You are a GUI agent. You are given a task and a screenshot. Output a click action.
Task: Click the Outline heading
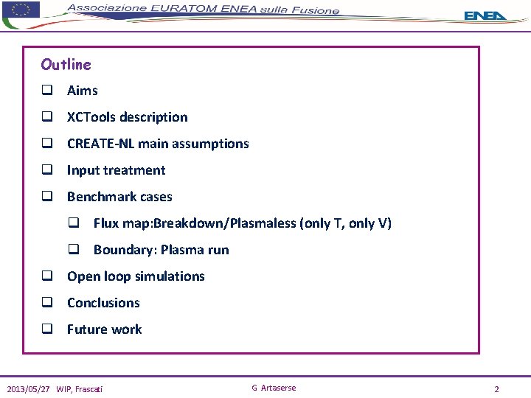pos(66,65)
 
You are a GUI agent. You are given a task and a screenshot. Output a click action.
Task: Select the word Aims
pos(83,91)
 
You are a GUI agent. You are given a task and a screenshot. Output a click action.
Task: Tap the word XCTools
pos(91,117)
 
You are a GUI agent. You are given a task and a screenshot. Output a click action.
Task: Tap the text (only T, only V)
pos(346,223)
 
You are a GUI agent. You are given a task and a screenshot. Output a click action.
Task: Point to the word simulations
pos(170,276)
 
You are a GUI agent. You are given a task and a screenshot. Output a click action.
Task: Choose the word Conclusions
pos(103,303)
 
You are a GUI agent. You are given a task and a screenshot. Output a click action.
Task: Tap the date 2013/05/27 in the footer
pos(28,389)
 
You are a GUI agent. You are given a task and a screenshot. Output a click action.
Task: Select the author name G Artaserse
pos(274,388)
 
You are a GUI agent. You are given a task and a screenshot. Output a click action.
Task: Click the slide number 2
pos(497,389)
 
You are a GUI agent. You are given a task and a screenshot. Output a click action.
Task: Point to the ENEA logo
pos(485,15)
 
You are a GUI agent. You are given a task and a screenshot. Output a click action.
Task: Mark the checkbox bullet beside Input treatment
pos(47,171)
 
